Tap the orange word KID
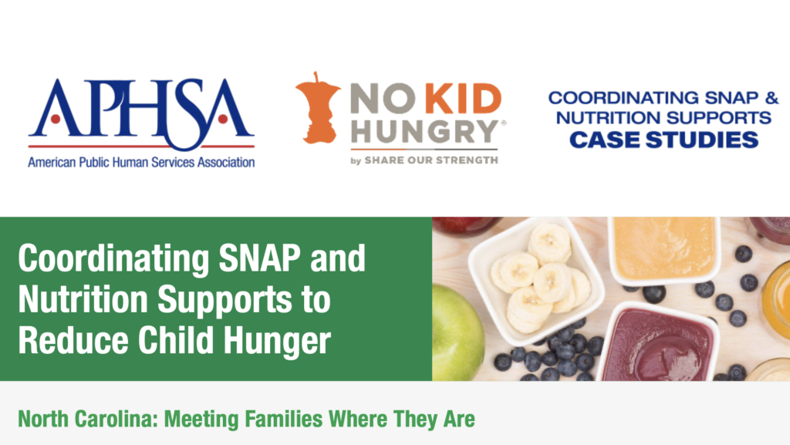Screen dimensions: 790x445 coord(464,99)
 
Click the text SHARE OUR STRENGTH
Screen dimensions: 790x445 coord(431,160)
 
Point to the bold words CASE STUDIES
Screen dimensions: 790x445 coord(663,140)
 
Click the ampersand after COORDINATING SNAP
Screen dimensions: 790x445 coord(771,98)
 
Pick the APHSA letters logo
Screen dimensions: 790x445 coord(141,114)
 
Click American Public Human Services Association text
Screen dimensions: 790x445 coord(141,163)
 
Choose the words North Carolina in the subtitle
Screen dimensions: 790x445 coord(85,419)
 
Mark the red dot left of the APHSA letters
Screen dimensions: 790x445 coord(56,120)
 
